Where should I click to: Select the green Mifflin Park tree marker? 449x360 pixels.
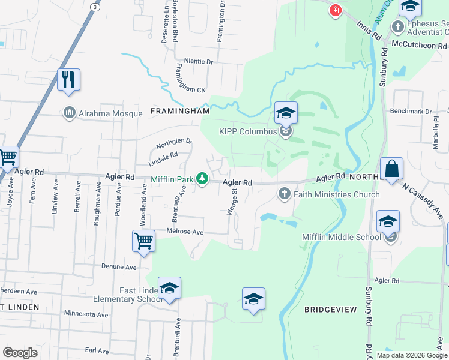(x=203, y=178)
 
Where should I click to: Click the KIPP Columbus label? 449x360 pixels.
(x=247, y=131)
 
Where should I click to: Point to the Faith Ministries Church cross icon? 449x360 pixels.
(x=284, y=193)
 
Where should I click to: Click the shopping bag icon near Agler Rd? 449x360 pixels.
(x=391, y=169)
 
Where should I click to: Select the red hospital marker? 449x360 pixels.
(x=334, y=10)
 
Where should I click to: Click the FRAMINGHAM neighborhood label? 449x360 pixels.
(x=180, y=111)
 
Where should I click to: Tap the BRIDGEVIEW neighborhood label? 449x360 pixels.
(x=330, y=310)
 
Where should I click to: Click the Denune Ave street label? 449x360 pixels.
(x=119, y=266)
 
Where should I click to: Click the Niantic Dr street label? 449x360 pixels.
(x=199, y=61)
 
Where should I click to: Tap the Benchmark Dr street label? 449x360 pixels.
(x=411, y=112)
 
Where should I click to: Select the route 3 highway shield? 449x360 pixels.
(x=94, y=6)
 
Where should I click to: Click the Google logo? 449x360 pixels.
(x=20, y=353)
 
